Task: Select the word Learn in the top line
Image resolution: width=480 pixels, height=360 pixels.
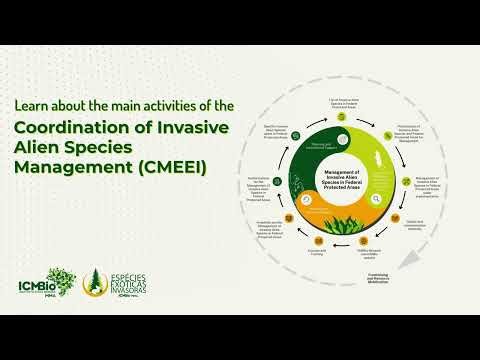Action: click(x=31, y=103)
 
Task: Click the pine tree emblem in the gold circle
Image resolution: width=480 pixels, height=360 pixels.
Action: click(x=96, y=282)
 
